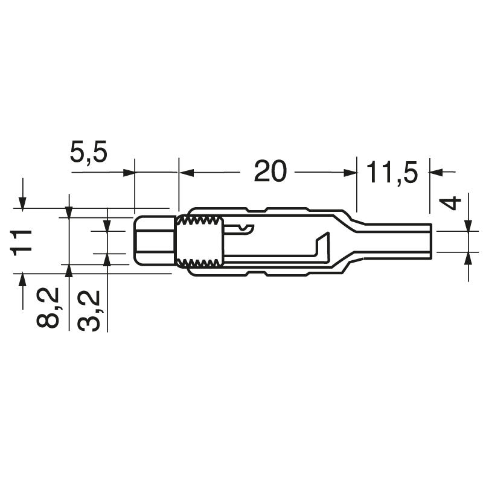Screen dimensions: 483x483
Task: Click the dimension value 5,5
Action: tap(88, 153)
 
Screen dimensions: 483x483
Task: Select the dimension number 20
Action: tap(269, 172)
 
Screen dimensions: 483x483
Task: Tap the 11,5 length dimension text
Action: tap(392, 173)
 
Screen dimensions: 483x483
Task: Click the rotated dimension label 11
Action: tap(22, 241)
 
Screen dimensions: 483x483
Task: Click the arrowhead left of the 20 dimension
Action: tap(187, 173)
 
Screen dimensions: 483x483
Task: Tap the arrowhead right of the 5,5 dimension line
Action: tap(128, 173)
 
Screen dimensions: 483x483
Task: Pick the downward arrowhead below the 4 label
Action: tap(469, 225)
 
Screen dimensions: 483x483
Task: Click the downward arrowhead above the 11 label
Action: tap(22, 204)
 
